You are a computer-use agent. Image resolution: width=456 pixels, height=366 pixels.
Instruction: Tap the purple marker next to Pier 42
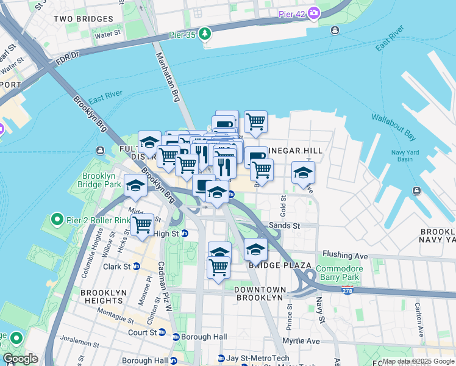coord(314,12)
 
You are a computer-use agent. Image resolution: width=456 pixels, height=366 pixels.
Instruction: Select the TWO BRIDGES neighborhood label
coord(80,19)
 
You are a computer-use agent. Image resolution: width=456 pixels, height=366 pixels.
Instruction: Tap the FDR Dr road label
coord(68,54)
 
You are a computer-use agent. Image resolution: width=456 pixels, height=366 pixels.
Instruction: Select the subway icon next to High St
coord(185,233)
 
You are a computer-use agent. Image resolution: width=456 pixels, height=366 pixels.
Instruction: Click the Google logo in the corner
coord(20,359)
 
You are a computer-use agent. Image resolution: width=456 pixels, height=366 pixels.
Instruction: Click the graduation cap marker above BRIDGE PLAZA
coord(256,249)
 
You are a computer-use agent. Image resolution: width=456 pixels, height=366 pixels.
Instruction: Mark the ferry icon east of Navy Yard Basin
coord(417,191)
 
